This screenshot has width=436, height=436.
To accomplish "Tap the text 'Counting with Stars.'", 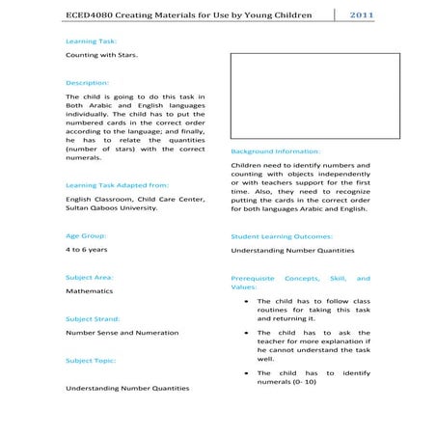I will pyautogui.click(x=101, y=56).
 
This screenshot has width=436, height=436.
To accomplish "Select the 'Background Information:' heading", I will pyautogui.click(x=276, y=151).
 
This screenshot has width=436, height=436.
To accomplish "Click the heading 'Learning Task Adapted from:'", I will pyautogui.click(x=117, y=184).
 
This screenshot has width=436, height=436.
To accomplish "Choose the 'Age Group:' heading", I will pyautogui.click(x=86, y=235).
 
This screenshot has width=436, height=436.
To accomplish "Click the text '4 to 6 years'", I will pyautogui.click(x=87, y=250).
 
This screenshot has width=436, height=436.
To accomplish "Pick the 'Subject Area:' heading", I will pyautogui.click(x=90, y=277).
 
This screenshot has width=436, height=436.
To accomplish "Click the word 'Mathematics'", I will pyautogui.click(x=89, y=290).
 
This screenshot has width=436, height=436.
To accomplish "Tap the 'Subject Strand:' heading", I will pyautogui.click(x=93, y=318).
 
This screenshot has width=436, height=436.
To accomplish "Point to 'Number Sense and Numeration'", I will pyautogui.click(x=122, y=333).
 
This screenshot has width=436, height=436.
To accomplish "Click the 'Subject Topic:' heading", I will pyautogui.click(x=91, y=361).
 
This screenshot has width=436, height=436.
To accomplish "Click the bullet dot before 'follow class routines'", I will pyautogui.click(x=249, y=300).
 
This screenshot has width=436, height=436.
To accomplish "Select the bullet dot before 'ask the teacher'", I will pyautogui.click(x=249, y=332).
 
